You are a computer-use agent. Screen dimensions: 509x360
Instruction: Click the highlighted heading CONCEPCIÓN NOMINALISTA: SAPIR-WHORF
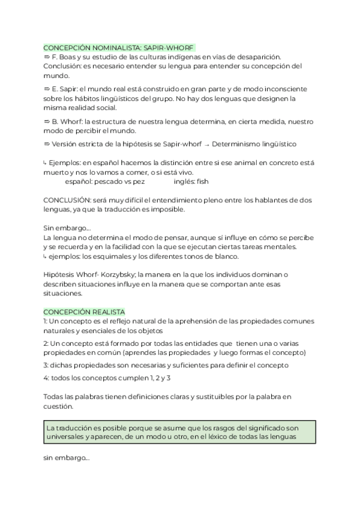[x=119, y=47]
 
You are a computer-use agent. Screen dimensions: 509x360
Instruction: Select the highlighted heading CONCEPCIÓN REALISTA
[x=84, y=312]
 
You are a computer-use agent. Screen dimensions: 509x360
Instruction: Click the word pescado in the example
[x=104, y=181]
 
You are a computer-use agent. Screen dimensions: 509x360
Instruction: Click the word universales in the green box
[x=67, y=437]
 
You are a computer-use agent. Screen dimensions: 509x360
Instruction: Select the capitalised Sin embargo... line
[x=67, y=228]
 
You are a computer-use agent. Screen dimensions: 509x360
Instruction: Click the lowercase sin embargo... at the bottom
[x=66, y=458]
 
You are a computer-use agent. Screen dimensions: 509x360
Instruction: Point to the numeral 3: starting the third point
[x=47, y=364]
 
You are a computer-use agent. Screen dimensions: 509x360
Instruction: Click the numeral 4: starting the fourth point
[x=47, y=378]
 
